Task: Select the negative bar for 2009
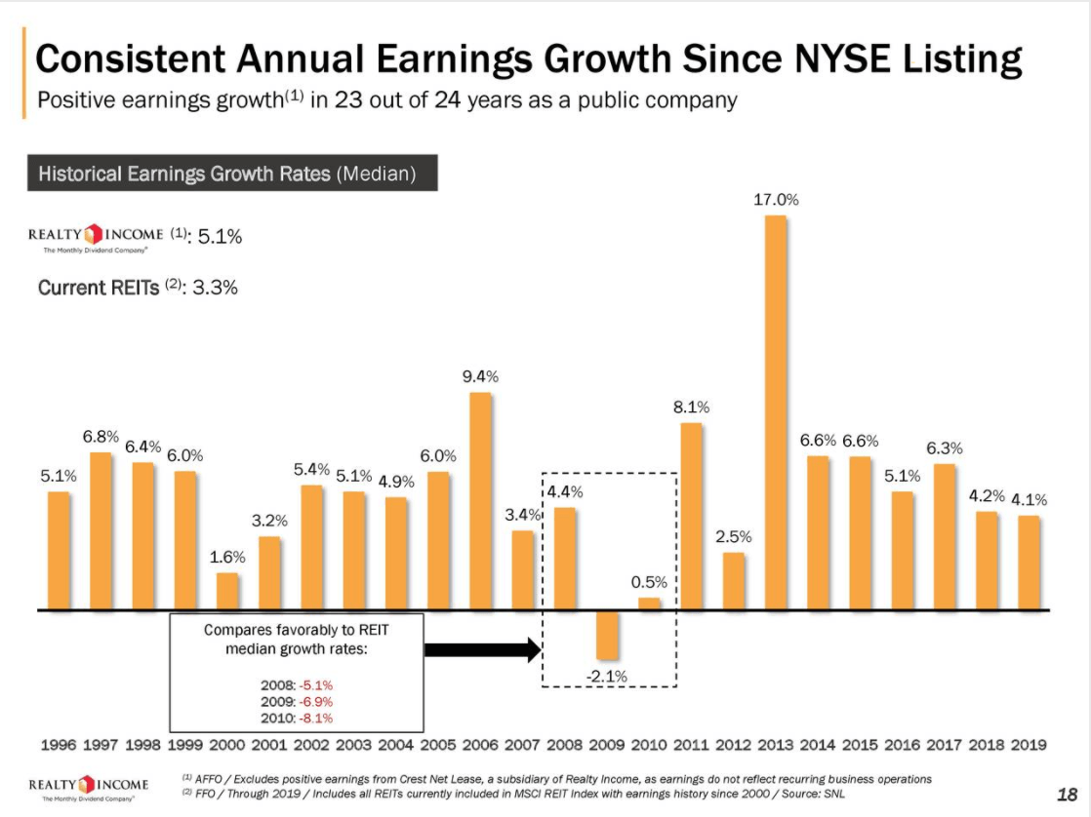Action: click(x=608, y=635)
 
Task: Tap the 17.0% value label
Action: click(x=776, y=199)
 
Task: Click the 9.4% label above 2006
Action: click(x=480, y=375)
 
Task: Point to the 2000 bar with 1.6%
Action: click(x=227, y=591)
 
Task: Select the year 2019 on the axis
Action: click(x=1028, y=745)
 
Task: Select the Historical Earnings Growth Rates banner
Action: click(x=227, y=175)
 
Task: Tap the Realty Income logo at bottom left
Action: click(x=90, y=787)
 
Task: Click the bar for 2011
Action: click(x=691, y=516)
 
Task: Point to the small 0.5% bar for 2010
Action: click(x=649, y=603)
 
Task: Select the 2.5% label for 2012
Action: click(x=733, y=536)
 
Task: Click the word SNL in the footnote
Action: click(x=832, y=794)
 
